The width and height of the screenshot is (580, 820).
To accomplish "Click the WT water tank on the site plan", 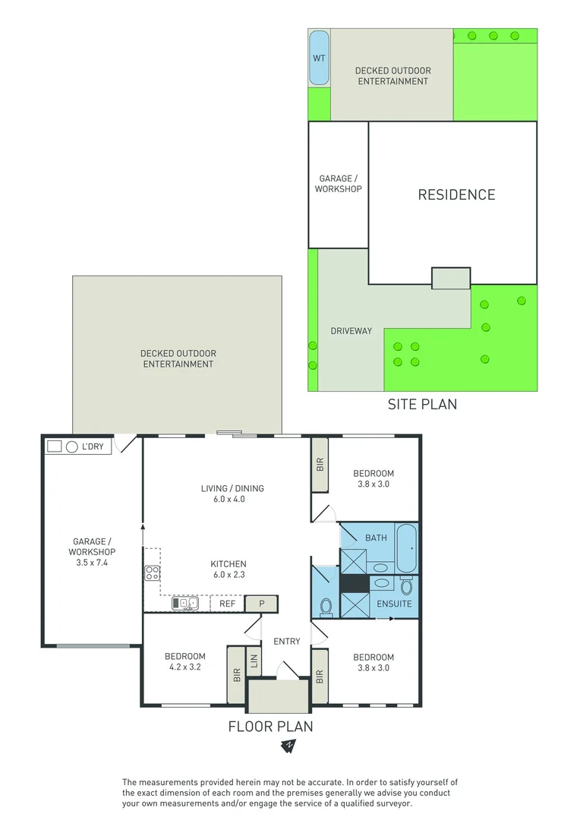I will tap(319, 58).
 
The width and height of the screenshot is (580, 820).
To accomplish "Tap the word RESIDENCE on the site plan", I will tap(456, 195).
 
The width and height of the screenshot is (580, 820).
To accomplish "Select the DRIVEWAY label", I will tap(351, 331).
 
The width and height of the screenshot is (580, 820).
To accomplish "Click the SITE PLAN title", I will tap(422, 404).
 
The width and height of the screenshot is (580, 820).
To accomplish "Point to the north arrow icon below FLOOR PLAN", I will tap(289, 746).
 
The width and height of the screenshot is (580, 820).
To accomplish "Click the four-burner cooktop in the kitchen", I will tap(152, 573).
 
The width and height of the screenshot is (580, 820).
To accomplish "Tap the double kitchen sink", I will tap(184, 604).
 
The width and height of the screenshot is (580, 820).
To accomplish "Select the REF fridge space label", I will tap(228, 604).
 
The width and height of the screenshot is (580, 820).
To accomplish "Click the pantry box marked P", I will tap(262, 604).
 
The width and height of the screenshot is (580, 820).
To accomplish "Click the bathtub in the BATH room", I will tap(406, 548).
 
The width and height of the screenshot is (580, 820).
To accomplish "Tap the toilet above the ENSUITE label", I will tap(406, 587).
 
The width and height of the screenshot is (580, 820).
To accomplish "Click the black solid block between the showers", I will tap(353, 583).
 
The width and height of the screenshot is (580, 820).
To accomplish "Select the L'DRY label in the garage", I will tap(93, 447).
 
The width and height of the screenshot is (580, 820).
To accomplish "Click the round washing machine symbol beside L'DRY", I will tap(72, 447).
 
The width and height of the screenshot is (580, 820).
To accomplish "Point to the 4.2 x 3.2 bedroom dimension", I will tap(185, 668).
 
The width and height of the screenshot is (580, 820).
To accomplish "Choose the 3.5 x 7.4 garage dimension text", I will tap(93, 563).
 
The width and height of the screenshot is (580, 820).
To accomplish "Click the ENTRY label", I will tap(287, 642).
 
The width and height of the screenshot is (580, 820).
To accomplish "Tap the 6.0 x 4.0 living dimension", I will tap(232, 500).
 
